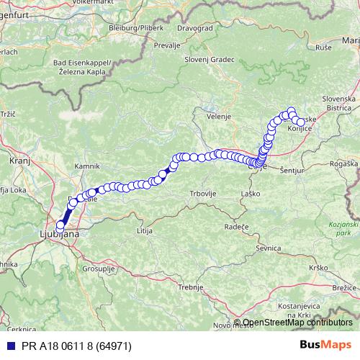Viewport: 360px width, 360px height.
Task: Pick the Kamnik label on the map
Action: [x=86, y=166]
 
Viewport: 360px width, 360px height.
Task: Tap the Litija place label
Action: [x=146, y=230]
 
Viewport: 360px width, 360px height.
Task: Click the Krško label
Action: [x=318, y=268]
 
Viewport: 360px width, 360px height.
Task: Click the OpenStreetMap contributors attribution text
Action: [x=297, y=323]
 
